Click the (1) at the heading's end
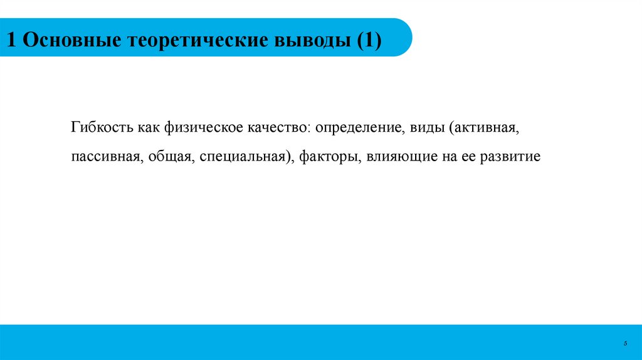pyautogui.click(x=369, y=41)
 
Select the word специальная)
pyautogui.click(x=247, y=156)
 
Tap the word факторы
pyautogui.click(x=329, y=156)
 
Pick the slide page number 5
pyautogui.click(x=625, y=343)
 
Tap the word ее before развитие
pyautogui.click(x=466, y=156)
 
